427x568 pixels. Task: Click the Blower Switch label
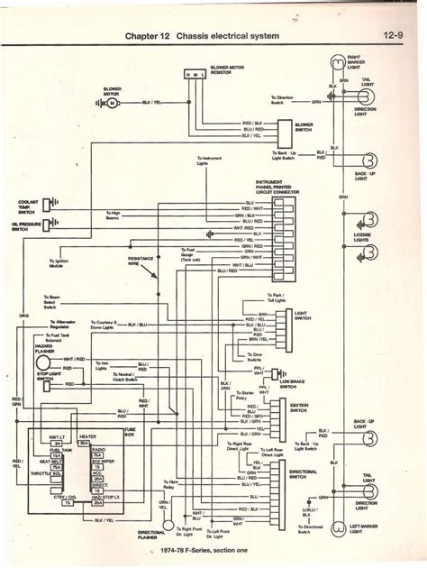point(304,127)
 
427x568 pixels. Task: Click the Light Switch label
point(308,314)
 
